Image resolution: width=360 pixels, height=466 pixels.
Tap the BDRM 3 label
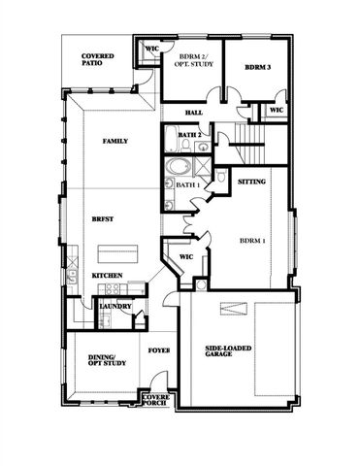[x=256, y=67]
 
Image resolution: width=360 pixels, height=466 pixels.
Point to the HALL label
[x=193, y=112]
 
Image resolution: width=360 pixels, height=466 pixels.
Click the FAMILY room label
[x=117, y=142]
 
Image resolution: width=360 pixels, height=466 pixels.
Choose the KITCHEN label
[x=107, y=276]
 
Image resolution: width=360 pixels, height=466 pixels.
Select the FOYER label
[x=158, y=350]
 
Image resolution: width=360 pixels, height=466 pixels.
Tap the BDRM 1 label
[x=254, y=240]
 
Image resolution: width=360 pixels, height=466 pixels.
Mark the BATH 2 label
[x=190, y=135]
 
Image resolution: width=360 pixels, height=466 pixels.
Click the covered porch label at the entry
[x=155, y=400]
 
